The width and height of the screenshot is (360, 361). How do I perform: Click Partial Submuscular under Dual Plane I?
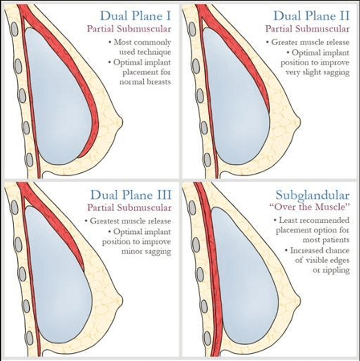pyautogui.click(x=135, y=29)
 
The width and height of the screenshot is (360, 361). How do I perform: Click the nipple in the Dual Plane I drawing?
pyautogui.click(x=120, y=121)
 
